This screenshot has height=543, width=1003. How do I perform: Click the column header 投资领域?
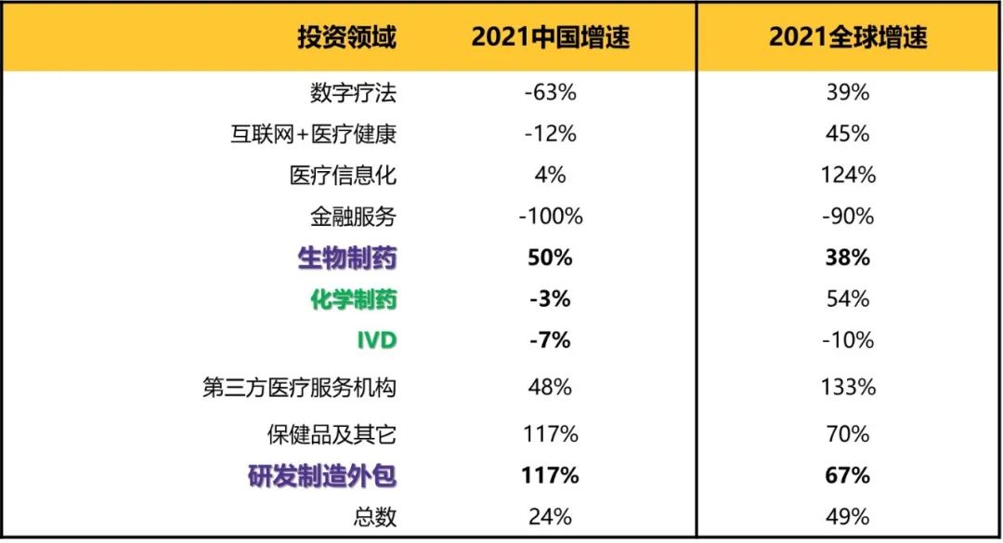coord(346,37)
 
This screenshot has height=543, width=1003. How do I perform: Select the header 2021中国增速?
coord(550,37)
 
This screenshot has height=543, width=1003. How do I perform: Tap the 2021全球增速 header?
coord(847,37)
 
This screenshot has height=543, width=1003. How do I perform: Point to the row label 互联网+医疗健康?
coord(313,134)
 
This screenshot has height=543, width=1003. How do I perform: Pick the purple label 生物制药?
coord(346,258)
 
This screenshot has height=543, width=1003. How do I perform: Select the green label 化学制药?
coord(353,299)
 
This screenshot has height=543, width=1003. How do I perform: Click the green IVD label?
coord(377,340)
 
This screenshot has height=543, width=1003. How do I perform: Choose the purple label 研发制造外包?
coord(322,476)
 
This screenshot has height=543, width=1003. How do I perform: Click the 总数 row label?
coord(377,517)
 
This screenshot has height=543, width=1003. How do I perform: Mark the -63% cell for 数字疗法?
coord(550,93)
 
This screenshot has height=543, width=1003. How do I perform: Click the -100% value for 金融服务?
coord(550,217)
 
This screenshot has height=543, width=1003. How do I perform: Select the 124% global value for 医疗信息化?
coord(847,175)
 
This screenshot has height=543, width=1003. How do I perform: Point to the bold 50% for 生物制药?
coord(550,258)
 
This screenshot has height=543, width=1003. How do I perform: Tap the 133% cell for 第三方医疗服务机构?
coord(847,387)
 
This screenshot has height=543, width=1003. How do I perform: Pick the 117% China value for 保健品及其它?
coord(550,434)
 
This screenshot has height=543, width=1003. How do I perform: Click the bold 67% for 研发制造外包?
coord(847,476)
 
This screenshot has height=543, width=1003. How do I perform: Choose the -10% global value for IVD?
coord(847,340)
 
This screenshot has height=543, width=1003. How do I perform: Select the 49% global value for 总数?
coord(847,517)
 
